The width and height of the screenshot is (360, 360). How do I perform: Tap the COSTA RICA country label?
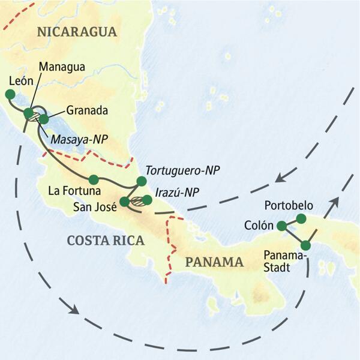106,241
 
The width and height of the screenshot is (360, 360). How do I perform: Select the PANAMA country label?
214,262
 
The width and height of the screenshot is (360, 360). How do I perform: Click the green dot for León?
10,94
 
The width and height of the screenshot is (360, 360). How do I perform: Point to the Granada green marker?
43,119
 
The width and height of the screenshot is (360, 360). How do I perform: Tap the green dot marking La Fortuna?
93,179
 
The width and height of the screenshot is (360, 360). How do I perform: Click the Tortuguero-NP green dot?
142,181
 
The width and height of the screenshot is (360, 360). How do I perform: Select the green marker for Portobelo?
301,218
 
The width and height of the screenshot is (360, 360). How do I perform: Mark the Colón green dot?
281,226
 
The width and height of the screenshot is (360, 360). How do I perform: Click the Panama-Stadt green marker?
305,245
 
